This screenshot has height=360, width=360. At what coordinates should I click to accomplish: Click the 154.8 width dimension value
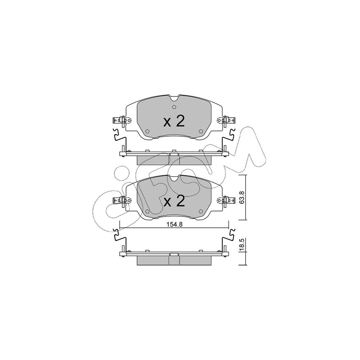point(175,225)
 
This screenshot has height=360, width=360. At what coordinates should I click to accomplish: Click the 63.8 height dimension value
point(242,198)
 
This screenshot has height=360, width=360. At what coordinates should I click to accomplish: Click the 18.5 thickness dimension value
point(242,245)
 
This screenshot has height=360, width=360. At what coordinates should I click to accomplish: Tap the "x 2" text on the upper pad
point(174,121)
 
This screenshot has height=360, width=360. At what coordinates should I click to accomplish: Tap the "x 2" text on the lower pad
point(174,201)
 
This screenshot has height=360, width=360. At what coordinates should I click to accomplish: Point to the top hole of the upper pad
point(174,107)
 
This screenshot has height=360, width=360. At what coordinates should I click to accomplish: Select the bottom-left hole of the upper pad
point(148,131)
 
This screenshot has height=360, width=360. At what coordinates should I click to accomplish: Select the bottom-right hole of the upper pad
point(201,131)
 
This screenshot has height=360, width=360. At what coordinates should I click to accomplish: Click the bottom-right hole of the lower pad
point(201,211)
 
